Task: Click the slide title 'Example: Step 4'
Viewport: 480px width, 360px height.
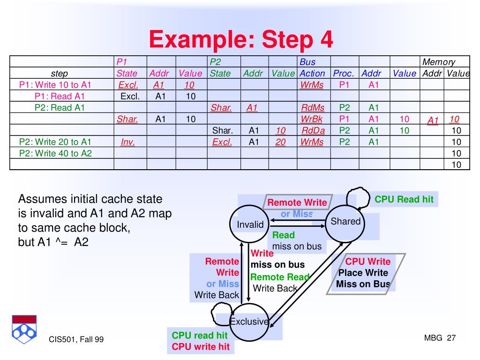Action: pos(241,39)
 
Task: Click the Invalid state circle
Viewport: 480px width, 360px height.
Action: pos(250,225)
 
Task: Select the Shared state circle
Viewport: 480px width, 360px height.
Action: pos(345,222)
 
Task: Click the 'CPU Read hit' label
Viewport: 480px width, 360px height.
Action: pos(404,199)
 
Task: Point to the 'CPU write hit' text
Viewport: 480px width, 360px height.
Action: pos(201,347)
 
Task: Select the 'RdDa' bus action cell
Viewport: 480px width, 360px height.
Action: pos(313,130)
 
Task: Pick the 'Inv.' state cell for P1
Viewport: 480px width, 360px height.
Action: pos(127,142)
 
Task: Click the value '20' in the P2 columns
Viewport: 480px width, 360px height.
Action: pos(280,142)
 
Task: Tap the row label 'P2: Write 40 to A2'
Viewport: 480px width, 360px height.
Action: pos(55,153)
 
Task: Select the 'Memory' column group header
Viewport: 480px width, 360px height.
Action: pos(438,62)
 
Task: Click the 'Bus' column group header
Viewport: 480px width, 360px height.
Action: pos(307,62)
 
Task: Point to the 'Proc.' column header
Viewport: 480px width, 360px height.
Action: pos(344,74)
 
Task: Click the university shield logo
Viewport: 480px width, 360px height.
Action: pos(24,328)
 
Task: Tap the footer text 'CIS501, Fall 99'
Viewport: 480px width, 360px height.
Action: pos(76,339)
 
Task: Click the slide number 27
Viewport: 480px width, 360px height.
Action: pos(451,338)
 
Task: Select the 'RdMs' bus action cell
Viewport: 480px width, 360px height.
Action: pos(312,108)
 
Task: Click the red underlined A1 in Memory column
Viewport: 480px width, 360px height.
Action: pos(433,120)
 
